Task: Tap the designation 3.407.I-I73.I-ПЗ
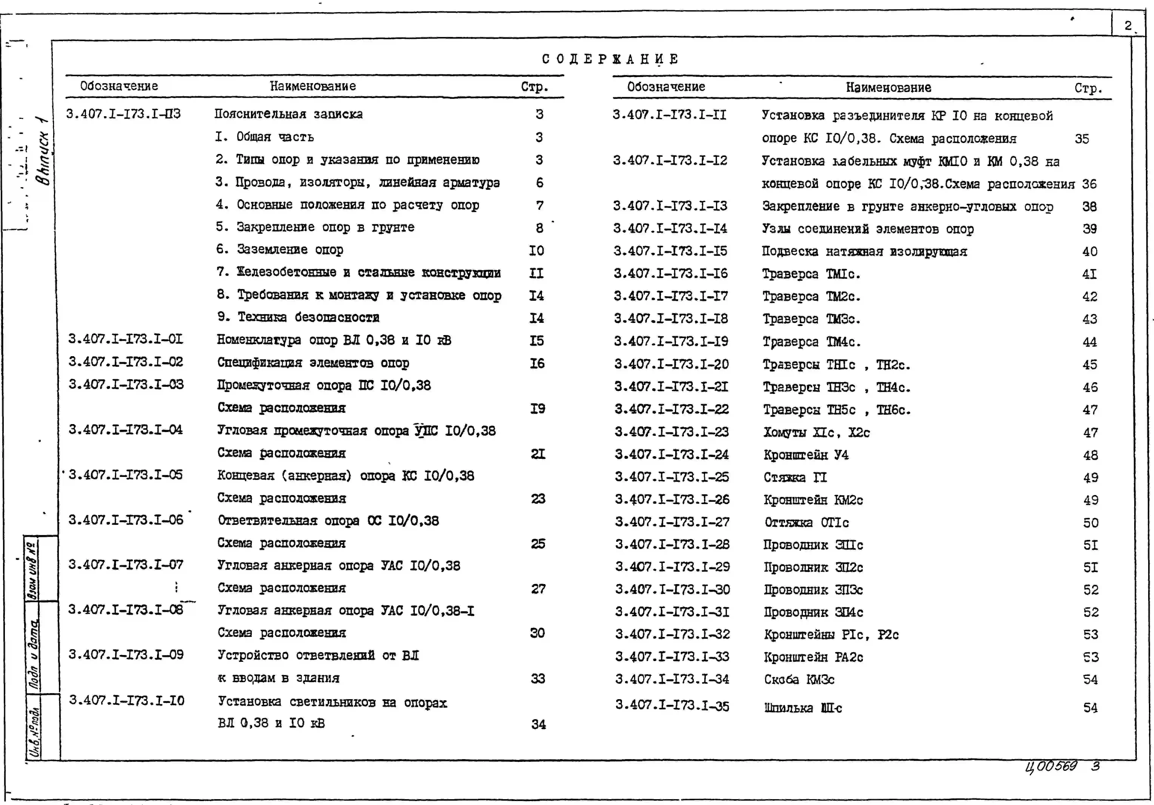point(123,114)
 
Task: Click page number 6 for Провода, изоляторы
point(539,182)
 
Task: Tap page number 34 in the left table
point(538,724)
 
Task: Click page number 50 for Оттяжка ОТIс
point(1090,523)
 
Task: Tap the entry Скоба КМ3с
point(799,679)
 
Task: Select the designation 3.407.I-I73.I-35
point(672,706)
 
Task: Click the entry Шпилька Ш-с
point(803,707)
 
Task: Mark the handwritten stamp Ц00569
point(1052,766)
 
